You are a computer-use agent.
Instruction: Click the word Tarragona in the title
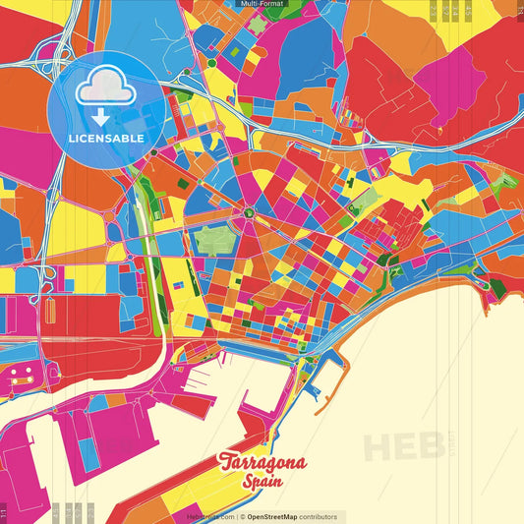pos(262,463)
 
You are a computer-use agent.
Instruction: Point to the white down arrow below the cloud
pos(101,116)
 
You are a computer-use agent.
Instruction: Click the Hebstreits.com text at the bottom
pos(210,516)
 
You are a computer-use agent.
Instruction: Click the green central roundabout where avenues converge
pos(250,211)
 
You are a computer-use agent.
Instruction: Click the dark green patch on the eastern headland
pos(495,287)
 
